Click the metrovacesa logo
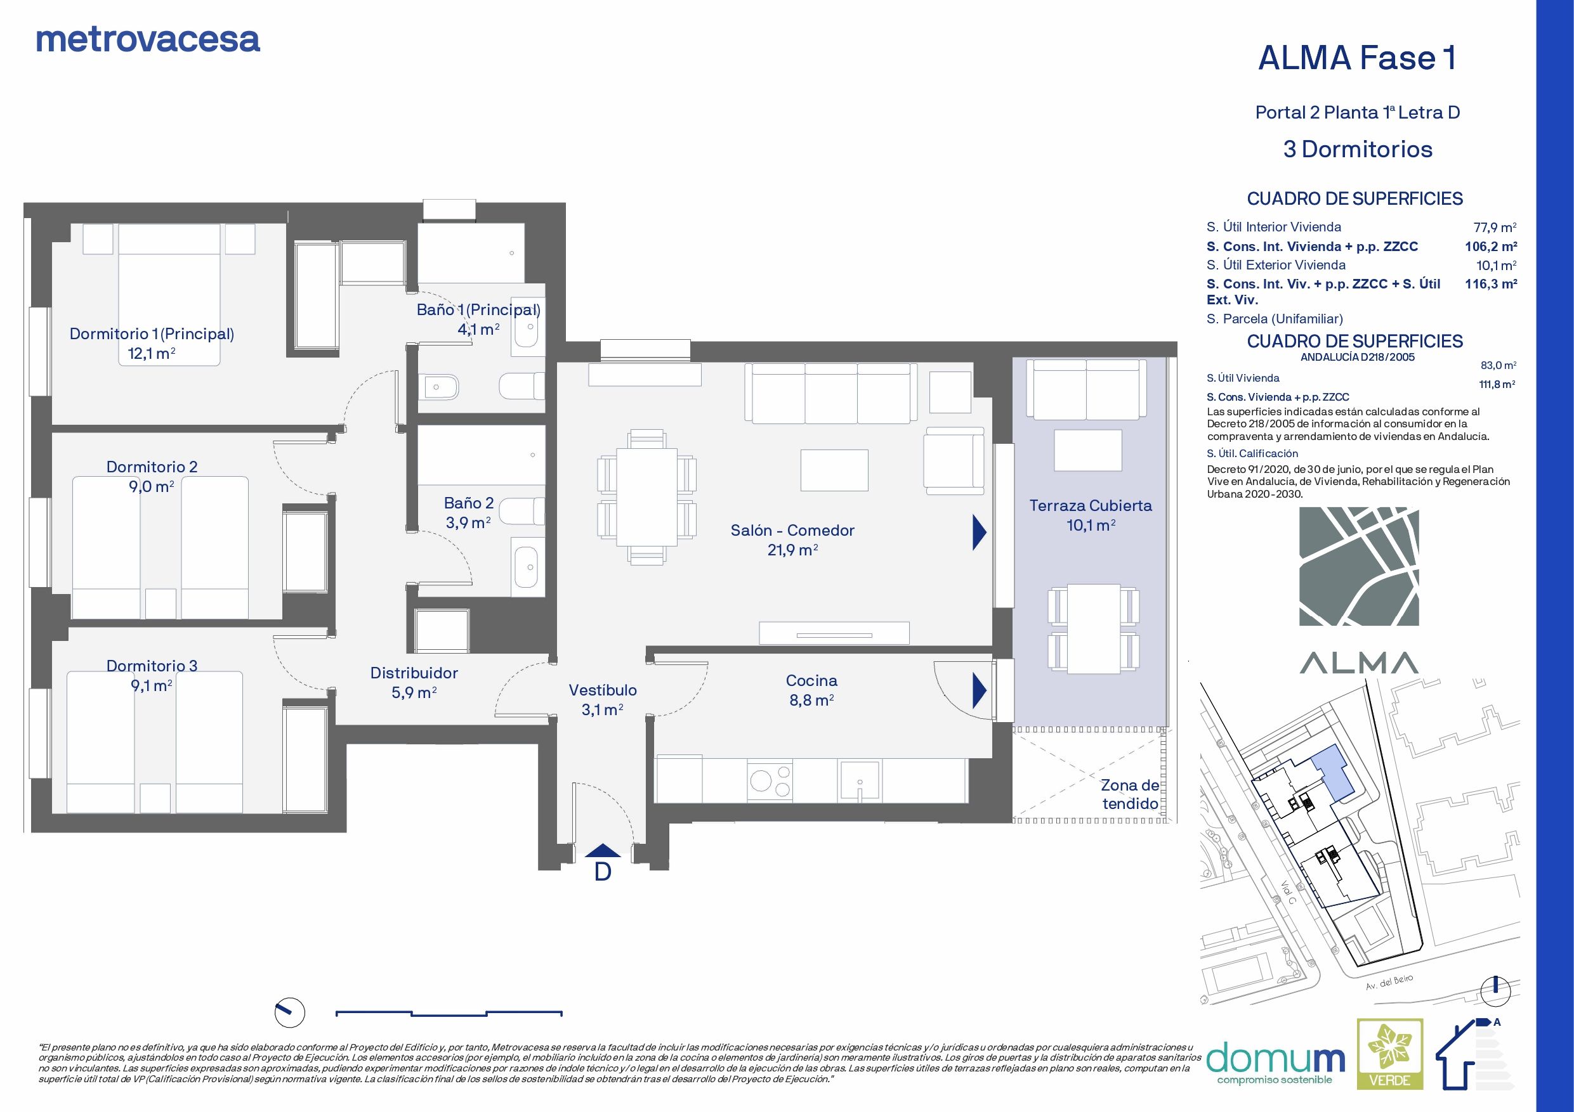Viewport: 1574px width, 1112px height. (x=147, y=40)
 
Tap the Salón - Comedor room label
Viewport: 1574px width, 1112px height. (x=792, y=530)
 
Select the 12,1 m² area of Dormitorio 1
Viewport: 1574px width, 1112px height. (x=151, y=354)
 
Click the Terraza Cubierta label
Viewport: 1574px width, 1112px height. (x=1090, y=506)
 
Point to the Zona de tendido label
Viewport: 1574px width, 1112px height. (x=1130, y=795)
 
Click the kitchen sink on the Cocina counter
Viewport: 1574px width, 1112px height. (x=859, y=780)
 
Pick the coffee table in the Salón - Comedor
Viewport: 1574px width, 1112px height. (x=834, y=470)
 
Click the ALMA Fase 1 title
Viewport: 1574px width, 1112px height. (x=1356, y=58)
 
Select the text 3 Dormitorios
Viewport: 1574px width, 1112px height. (x=1358, y=150)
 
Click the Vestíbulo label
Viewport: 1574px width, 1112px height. (x=603, y=690)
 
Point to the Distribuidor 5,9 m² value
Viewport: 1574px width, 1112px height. (x=414, y=693)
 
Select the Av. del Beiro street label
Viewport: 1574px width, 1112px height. (x=1384, y=983)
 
